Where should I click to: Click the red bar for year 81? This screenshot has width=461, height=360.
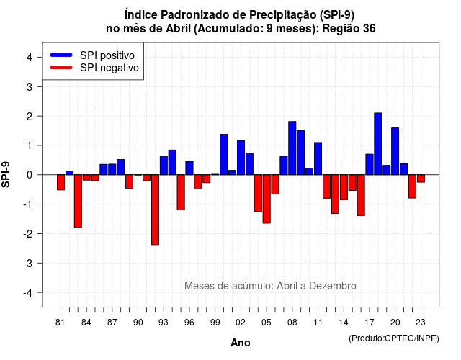click(61, 182)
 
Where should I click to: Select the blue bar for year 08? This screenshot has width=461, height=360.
click(292, 148)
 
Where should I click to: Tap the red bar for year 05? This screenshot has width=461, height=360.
click(267, 199)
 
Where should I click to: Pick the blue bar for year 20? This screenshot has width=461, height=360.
click(395, 151)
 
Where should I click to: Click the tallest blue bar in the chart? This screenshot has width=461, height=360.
click(378, 144)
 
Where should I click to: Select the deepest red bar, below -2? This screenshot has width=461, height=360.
click(156, 210)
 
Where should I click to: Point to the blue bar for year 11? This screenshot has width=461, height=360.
click(318, 158)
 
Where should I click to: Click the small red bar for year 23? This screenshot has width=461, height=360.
click(421, 179)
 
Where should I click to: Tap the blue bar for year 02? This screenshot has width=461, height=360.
click(241, 158)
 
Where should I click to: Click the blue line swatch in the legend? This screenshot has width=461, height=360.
click(61, 55)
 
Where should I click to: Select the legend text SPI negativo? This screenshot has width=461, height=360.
click(109, 68)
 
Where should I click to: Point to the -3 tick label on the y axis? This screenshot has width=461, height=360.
click(28, 264)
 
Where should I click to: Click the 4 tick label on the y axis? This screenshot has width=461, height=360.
click(30, 58)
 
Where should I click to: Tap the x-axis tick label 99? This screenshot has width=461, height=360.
click(215, 323)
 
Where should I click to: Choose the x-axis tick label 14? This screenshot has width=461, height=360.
click(344, 323)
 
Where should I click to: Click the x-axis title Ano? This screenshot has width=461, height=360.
click(241, 343)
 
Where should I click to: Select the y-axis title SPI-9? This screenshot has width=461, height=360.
click(6, 174)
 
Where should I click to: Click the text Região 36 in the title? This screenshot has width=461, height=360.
click(349, 29)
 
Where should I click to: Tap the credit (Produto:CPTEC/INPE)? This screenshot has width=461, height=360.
click(394, 338)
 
